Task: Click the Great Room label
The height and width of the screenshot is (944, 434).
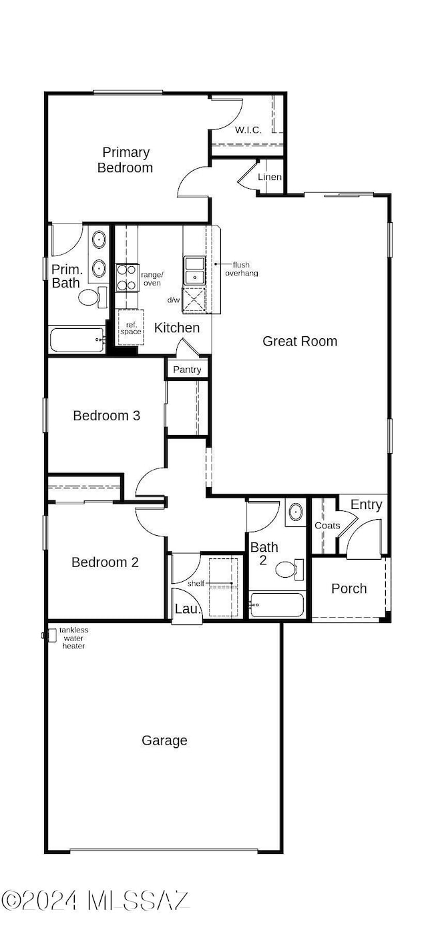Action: pos(300,341)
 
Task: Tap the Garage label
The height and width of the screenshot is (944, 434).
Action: pos(164,741)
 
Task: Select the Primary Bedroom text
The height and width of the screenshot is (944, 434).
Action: pos(126,159)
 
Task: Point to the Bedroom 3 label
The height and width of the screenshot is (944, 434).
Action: pos(107,416)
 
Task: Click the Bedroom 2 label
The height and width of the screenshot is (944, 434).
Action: pos(105,562)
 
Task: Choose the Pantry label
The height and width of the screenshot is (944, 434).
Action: pos(187,370)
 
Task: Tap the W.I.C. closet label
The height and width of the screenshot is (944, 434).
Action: pos(248,130)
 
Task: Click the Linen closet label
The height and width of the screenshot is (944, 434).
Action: pos(270,177)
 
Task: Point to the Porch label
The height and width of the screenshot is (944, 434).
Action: pos(349,588)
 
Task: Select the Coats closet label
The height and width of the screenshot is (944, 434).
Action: pos(327,526)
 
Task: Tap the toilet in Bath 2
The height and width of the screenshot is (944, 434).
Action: pos(290,570)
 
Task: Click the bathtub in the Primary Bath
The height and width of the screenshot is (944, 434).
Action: pos(77,340)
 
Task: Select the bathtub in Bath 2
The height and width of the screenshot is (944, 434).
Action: pos(276,605)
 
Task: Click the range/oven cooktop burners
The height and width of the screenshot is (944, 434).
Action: pos(128,277)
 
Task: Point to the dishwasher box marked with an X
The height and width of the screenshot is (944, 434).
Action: pos(194,300)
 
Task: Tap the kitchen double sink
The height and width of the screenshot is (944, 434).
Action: pos(194,271)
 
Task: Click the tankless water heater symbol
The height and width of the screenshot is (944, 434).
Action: pos(51,635)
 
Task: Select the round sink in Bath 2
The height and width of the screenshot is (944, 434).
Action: pos(296,512)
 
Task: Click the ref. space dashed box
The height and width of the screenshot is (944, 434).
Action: pos(130,328)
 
